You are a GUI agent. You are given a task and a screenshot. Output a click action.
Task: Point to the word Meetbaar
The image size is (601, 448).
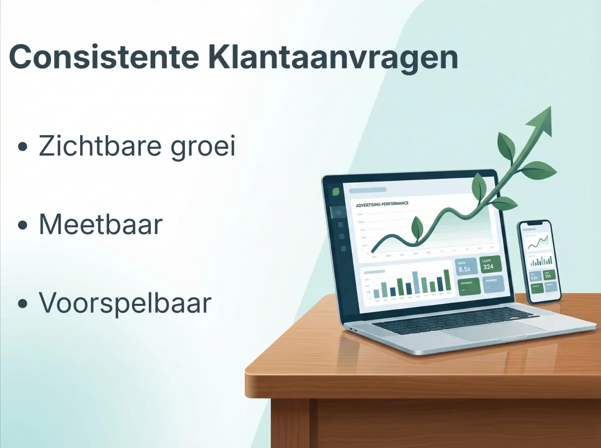[x=101, y=225]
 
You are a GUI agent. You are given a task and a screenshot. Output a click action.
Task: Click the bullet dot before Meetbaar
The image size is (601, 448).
[x=22, y=226]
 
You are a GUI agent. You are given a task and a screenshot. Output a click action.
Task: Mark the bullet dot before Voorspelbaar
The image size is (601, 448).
[x=22, y=304]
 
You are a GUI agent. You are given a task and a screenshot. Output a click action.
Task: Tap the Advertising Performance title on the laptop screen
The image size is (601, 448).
[x=382, y=204]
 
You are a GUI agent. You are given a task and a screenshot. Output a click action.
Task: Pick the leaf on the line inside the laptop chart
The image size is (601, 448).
[x=416, y=228]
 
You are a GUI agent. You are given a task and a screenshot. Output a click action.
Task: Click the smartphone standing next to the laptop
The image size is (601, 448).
[x=539, y=261]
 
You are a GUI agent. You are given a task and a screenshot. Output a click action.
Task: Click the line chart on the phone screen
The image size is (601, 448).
[x=537, y=243]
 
